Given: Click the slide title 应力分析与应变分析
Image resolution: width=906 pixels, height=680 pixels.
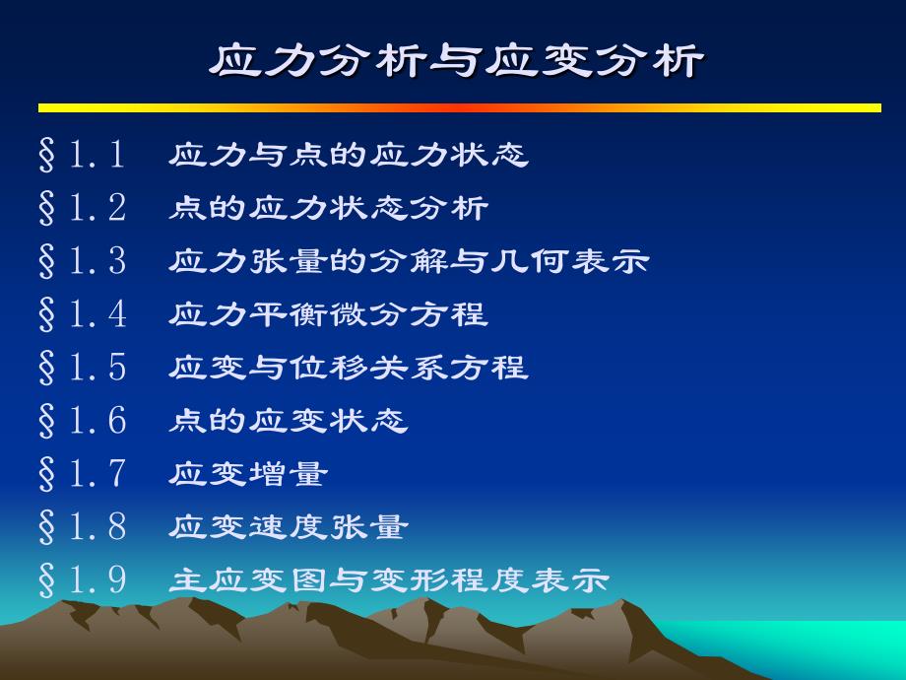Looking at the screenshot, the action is [457, 60].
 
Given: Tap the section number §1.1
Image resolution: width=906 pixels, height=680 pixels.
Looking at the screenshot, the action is [82, 155].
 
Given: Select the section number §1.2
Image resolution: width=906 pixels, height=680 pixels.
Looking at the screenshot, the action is [82, 208].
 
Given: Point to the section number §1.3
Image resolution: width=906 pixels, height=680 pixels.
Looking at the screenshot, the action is [82, 261].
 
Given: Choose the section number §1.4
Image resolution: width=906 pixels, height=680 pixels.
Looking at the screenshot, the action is [82, 314].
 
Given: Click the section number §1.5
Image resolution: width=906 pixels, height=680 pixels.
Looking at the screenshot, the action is [82, 368].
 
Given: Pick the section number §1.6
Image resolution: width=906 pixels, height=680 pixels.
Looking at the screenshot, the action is [82, 421].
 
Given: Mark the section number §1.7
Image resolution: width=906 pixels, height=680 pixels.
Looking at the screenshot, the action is [82, 474].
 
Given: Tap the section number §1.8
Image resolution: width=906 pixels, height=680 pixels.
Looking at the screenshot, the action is [82, 527].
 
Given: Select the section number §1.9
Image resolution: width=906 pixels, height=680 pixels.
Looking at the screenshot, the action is [82, 580].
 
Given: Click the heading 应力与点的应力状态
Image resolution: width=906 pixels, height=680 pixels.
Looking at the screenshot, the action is [349, 155].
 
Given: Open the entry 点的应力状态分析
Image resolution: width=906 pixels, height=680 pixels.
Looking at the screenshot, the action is [329, 208].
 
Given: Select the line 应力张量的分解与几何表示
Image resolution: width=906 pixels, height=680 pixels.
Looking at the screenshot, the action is [409, 261].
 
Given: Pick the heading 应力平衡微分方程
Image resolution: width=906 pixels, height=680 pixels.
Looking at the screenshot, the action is [329, 314].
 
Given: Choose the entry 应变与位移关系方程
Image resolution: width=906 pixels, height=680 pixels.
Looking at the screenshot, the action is [349, 368].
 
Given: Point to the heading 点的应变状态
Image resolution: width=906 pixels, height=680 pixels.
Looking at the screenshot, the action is [289, 421].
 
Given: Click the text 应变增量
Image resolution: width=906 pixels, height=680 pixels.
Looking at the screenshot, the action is [248, 474].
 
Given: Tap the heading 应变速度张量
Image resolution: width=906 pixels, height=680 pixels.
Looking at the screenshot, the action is [289, 527].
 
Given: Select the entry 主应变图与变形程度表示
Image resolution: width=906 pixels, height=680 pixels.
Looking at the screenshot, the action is [389, 580].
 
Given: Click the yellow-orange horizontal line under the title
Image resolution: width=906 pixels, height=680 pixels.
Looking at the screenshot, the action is [460, 108].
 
